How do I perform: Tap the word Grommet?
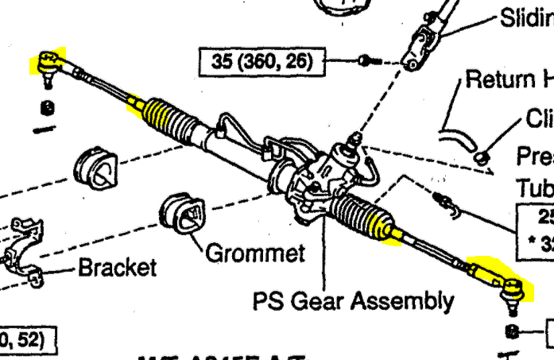pos(254,254)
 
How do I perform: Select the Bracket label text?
pos(117,266)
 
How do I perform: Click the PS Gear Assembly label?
pos(354,301)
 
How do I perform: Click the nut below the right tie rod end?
pos(513,331)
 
